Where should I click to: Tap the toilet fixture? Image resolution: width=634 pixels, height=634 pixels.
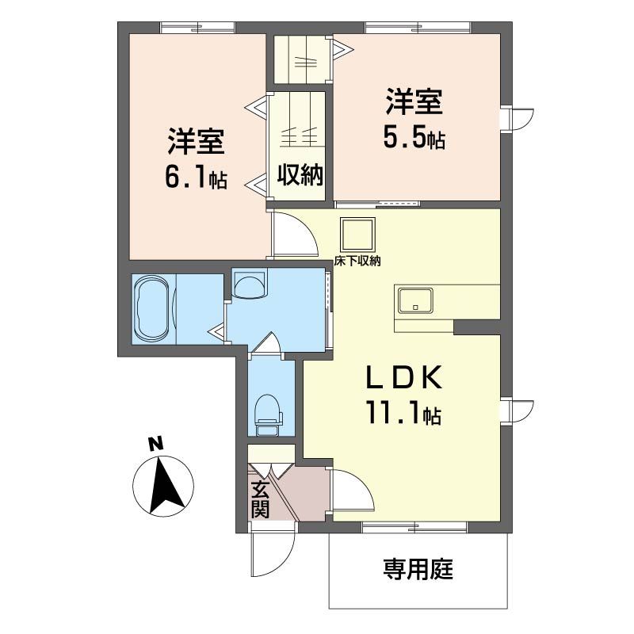point(268,414)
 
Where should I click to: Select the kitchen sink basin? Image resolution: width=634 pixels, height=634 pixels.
point(414,300)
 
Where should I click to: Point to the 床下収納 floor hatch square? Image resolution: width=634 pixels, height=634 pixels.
point(357,235)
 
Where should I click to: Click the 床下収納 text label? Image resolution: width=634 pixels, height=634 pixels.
point(357,262)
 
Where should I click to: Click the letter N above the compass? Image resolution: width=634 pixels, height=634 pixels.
point(155,444)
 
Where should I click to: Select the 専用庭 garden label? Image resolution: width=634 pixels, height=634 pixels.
point(418,569)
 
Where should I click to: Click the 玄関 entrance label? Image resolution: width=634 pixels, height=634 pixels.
point(260,499)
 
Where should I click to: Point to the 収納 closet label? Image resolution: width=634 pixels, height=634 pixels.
point(300,175)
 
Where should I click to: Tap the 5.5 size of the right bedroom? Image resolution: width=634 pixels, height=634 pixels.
point(404,137)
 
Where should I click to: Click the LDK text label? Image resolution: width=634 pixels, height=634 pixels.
point(403,376)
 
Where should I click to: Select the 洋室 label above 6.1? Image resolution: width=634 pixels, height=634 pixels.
point(197,141)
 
